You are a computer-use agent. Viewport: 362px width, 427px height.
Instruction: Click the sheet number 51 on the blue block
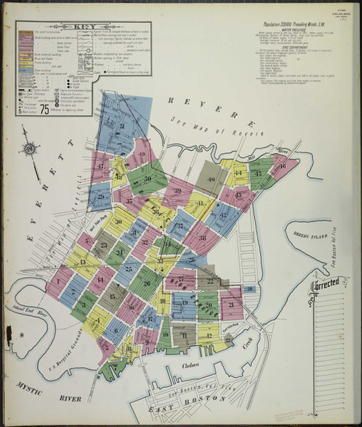coord(122,126)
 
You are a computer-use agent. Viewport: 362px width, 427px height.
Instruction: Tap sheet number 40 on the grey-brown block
coord(211,179)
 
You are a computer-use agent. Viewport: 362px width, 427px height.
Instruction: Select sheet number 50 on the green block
coord(148,179)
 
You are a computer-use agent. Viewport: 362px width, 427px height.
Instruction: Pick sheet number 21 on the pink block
coord(231,305)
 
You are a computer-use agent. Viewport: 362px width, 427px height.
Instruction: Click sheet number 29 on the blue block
coord(100,197)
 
